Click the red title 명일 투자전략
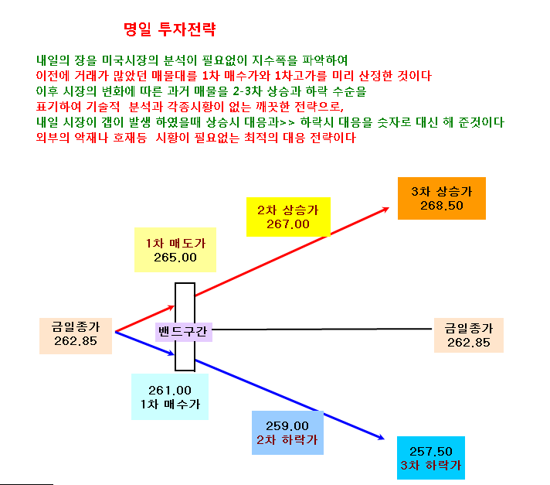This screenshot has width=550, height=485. tap(170, 29)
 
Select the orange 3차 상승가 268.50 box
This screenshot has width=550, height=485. tap(442, 199)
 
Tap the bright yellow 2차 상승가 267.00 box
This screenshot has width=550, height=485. tap(288, 217)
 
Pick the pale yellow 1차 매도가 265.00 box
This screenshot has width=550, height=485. tap(175, 250)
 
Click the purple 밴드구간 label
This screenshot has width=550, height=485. tap(184, 332)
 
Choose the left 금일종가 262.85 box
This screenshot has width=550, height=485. tap(76, 336)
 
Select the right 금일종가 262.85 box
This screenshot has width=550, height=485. tap(469, 336)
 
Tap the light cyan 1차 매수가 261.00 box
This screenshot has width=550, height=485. tap(170, 397)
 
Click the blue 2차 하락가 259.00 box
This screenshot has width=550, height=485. tap(287, 432)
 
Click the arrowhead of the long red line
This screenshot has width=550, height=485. tap(386, 210)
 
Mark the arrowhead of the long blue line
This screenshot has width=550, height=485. tap(382, 438)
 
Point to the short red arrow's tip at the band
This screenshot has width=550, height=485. tap(173, 307)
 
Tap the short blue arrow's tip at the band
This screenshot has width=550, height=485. tap(173, 354)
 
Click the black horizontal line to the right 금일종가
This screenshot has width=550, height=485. tap(321, 330)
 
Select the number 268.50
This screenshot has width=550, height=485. tap(442, 206)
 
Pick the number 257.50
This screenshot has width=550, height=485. tap(431, 451)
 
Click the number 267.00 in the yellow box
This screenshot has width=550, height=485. tap(288, 224)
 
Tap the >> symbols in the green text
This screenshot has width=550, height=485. tap(287, 123)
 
